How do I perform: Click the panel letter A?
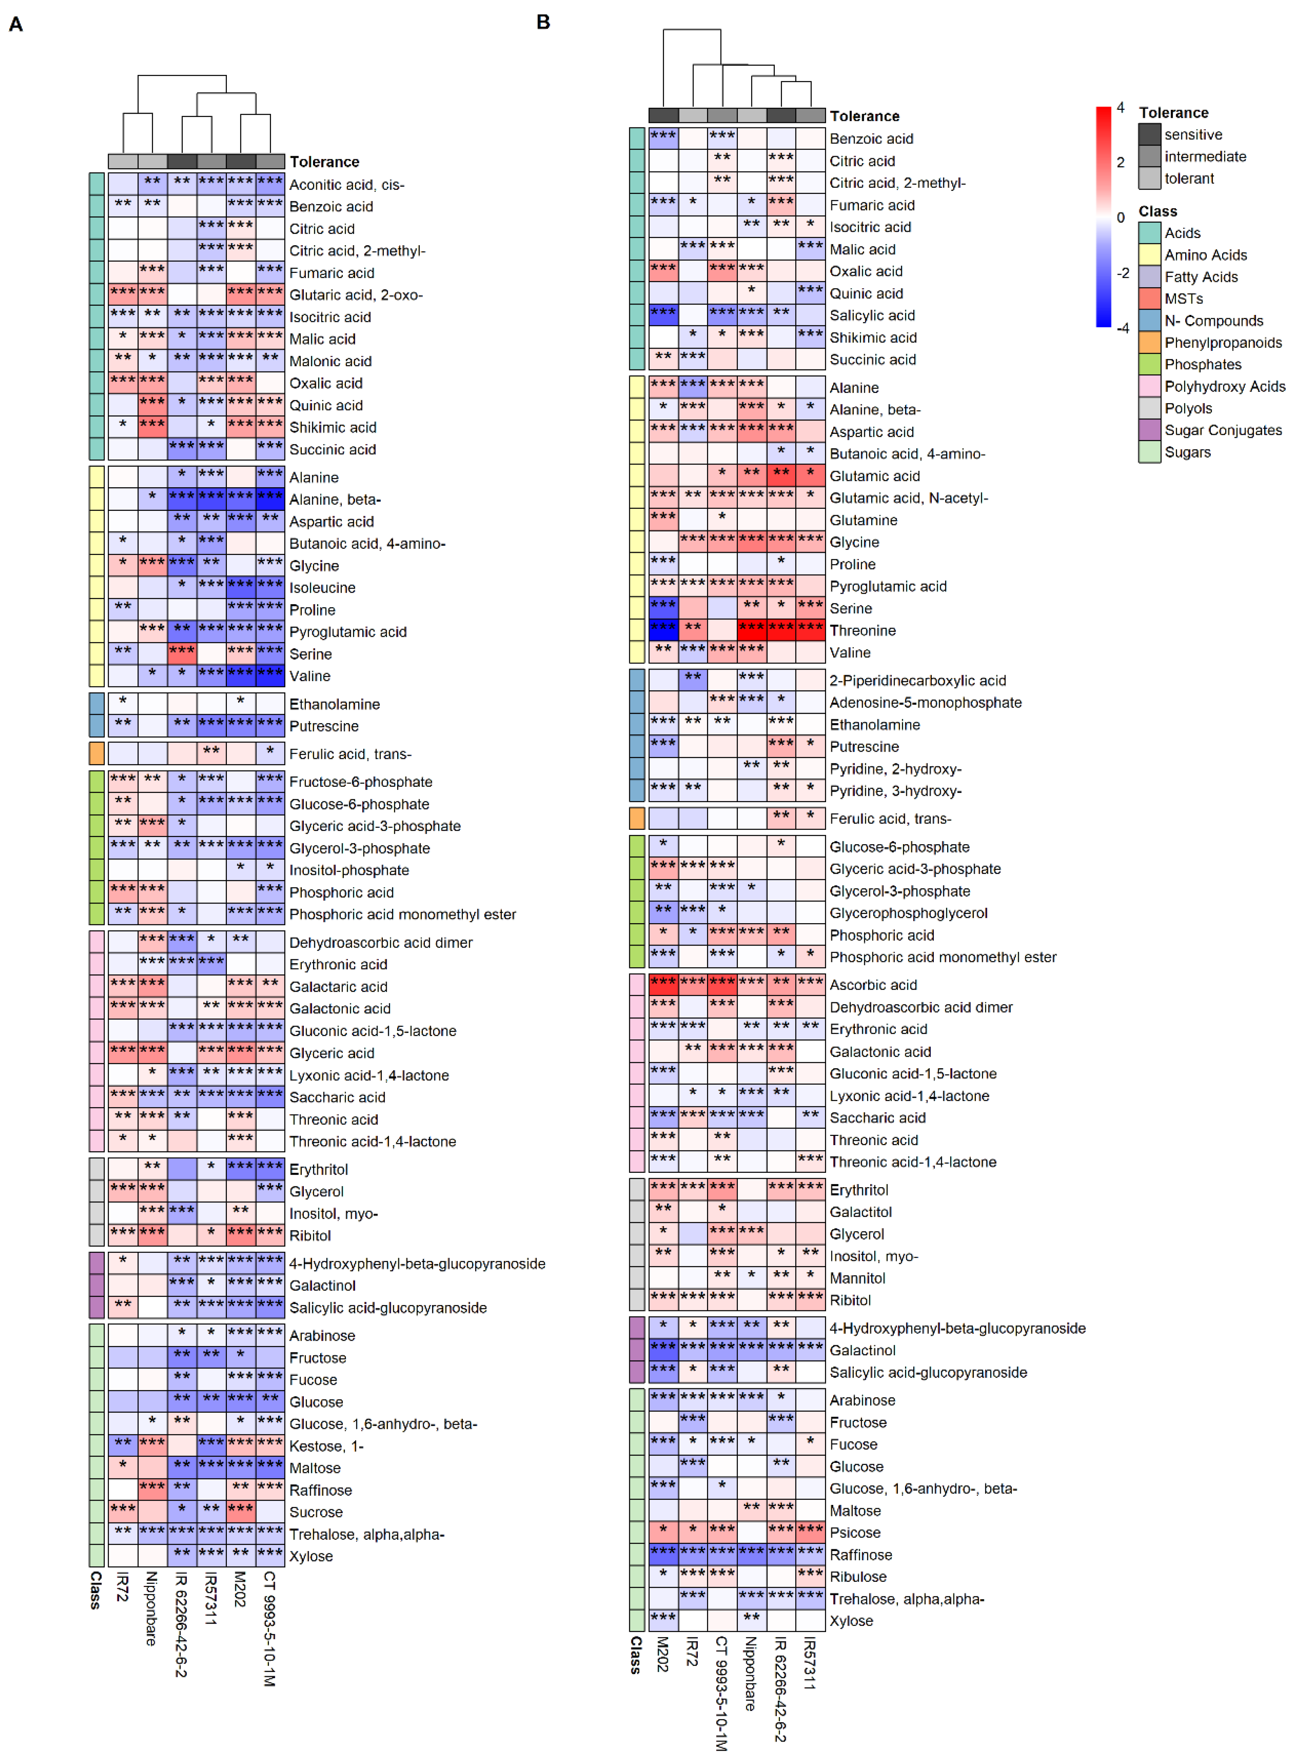(x=16, y=24)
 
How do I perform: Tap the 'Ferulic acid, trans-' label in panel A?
(x=350, y=754)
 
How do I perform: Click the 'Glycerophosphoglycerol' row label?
(x=908, y=913)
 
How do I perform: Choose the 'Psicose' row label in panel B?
(x=855, y=1532)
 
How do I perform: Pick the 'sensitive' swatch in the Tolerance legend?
(x=1150, y=134)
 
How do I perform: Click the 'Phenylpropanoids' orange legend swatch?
(x=1150, y=342)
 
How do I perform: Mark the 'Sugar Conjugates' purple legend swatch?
(x=1150, y=430)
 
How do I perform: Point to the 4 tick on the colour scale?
(x=1120, y=107)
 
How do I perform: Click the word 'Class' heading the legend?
(x=1158, y=211)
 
